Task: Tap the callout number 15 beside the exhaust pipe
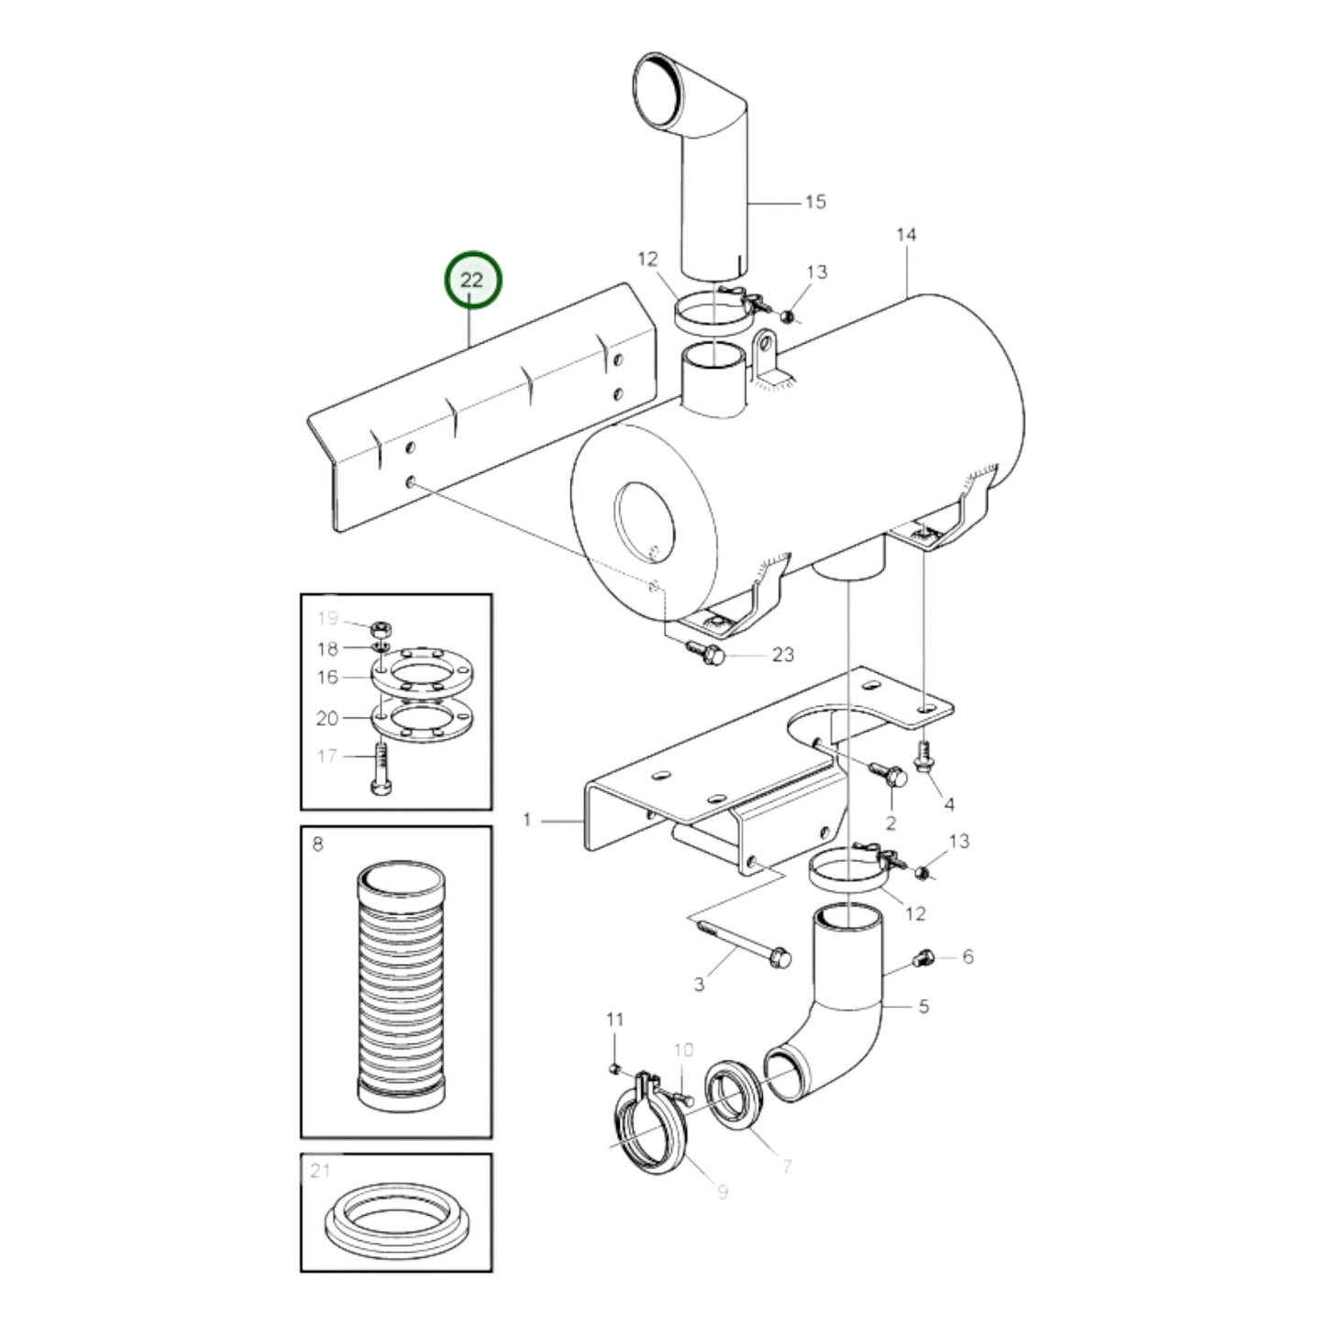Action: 814,202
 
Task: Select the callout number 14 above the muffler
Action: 905,236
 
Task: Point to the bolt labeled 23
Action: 705,654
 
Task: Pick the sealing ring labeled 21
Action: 397,1225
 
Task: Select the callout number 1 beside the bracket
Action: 527,819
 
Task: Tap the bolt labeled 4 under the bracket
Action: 923,757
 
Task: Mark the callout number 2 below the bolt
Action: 889,823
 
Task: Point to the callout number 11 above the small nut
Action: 614,1020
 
